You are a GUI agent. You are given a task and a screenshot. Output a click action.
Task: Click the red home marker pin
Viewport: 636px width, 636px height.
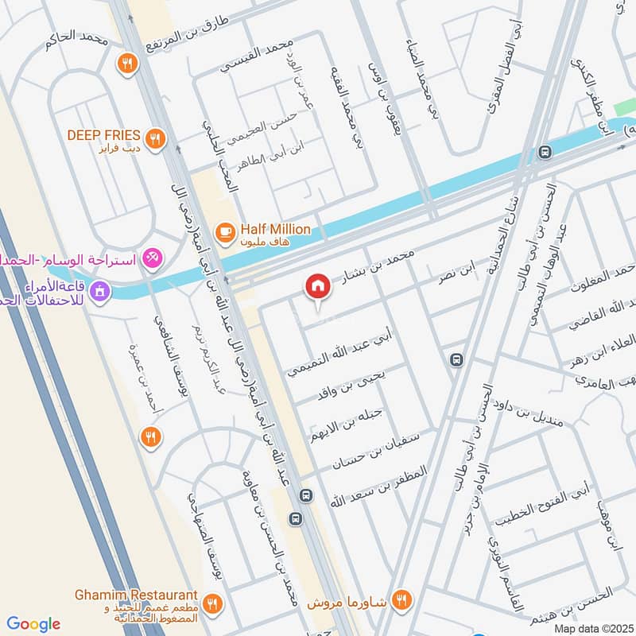click(x=318, y=286)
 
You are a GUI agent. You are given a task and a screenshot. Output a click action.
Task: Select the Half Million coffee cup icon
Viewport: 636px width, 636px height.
click(x=225, y=231)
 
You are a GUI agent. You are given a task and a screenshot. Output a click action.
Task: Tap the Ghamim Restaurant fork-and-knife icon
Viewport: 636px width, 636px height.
click(x=211, y=602)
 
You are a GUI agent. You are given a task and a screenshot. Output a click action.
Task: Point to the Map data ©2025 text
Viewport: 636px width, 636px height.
click(x=593, y=629)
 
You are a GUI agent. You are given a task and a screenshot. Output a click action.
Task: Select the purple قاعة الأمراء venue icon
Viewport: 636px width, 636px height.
click(x=99, y=292)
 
